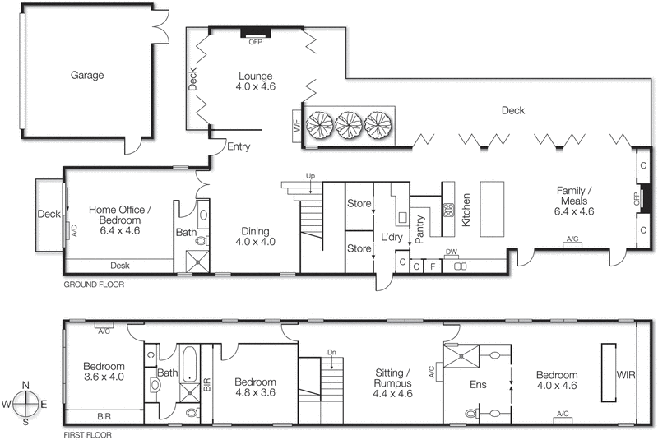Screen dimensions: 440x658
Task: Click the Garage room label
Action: point(86,75)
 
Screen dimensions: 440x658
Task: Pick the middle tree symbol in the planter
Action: point(348,124)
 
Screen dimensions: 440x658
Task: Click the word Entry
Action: point(239,147)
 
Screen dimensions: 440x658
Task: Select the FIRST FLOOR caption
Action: point(88,434)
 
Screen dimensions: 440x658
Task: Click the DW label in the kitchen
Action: point(451,252)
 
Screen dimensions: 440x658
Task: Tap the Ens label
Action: point(477,382)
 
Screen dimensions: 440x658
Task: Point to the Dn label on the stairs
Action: point(331,353)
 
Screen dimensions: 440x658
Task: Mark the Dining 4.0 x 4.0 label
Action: point(254,236)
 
